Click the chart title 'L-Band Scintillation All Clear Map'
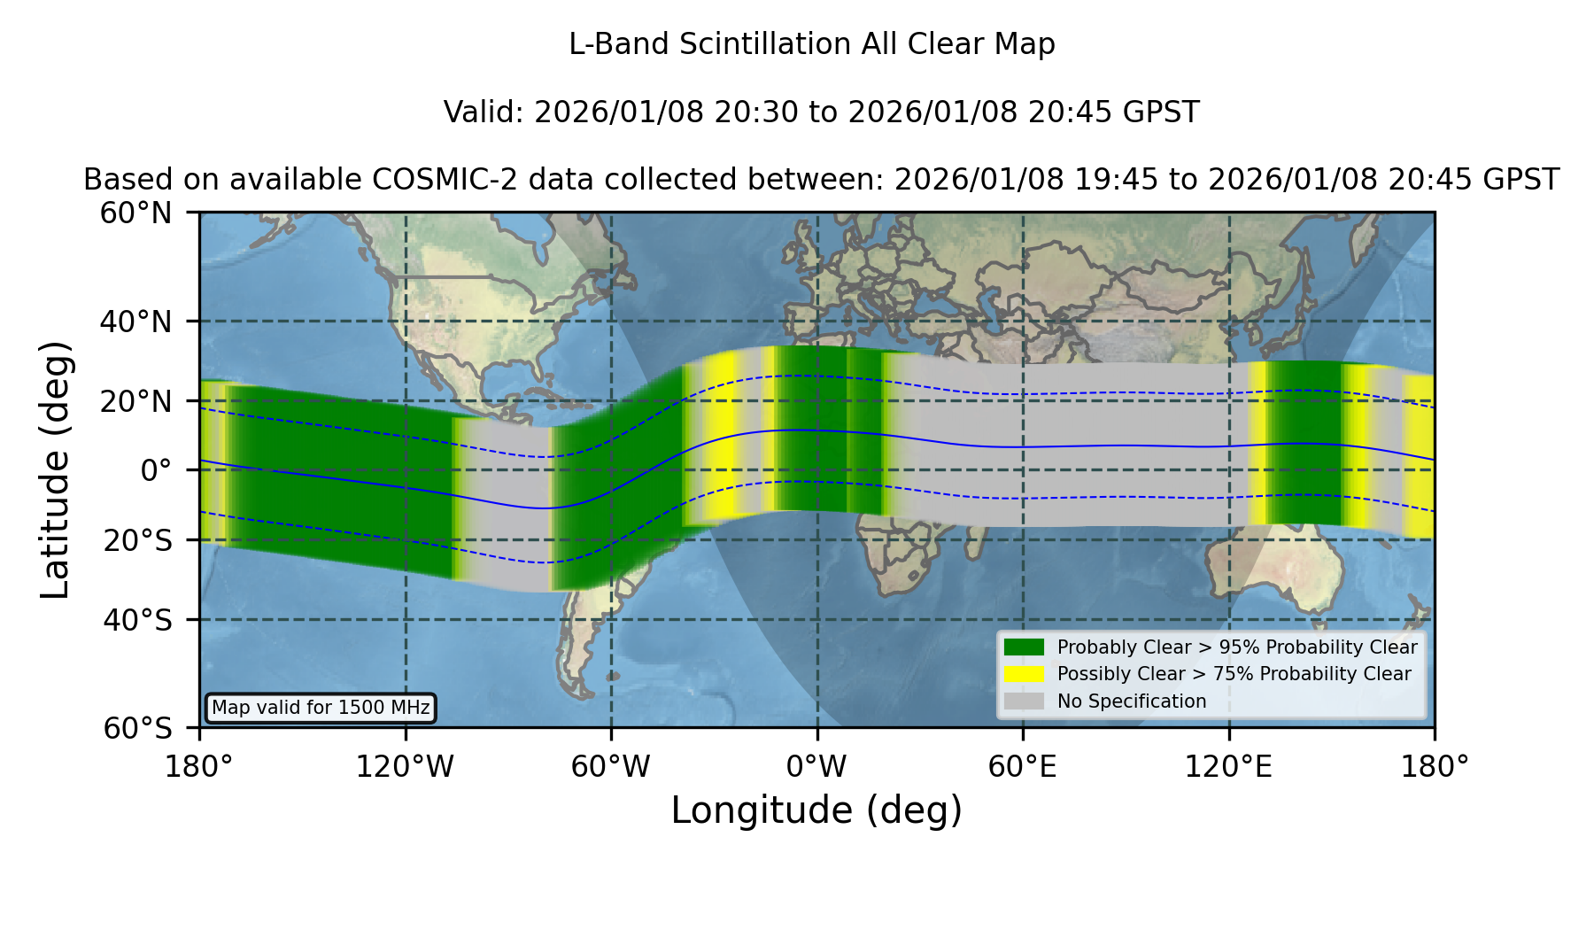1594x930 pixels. coord(811,44)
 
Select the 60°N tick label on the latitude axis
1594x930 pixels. coord(136,213)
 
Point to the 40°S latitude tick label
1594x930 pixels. coord(138,620)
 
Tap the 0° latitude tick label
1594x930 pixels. coord(157,470)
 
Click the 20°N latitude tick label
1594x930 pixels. coord(136,401)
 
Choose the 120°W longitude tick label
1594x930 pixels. coord(405,766)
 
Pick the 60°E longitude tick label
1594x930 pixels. coord(1023,766)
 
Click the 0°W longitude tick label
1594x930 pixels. coord(816,766)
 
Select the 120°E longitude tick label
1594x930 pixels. coord(1228,766)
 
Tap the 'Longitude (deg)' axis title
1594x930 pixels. coord(816,810)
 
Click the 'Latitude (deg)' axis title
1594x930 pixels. coord(56,469)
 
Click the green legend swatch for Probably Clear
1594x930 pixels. coord(1025,647)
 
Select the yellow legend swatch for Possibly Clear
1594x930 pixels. coord(1025,674)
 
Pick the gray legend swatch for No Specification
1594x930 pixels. coord(1025,701)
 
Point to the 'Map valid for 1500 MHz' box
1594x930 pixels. coord(321,708)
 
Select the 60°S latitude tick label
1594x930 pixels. coord(138,728)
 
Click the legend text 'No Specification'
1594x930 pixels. coord(1132,701)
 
